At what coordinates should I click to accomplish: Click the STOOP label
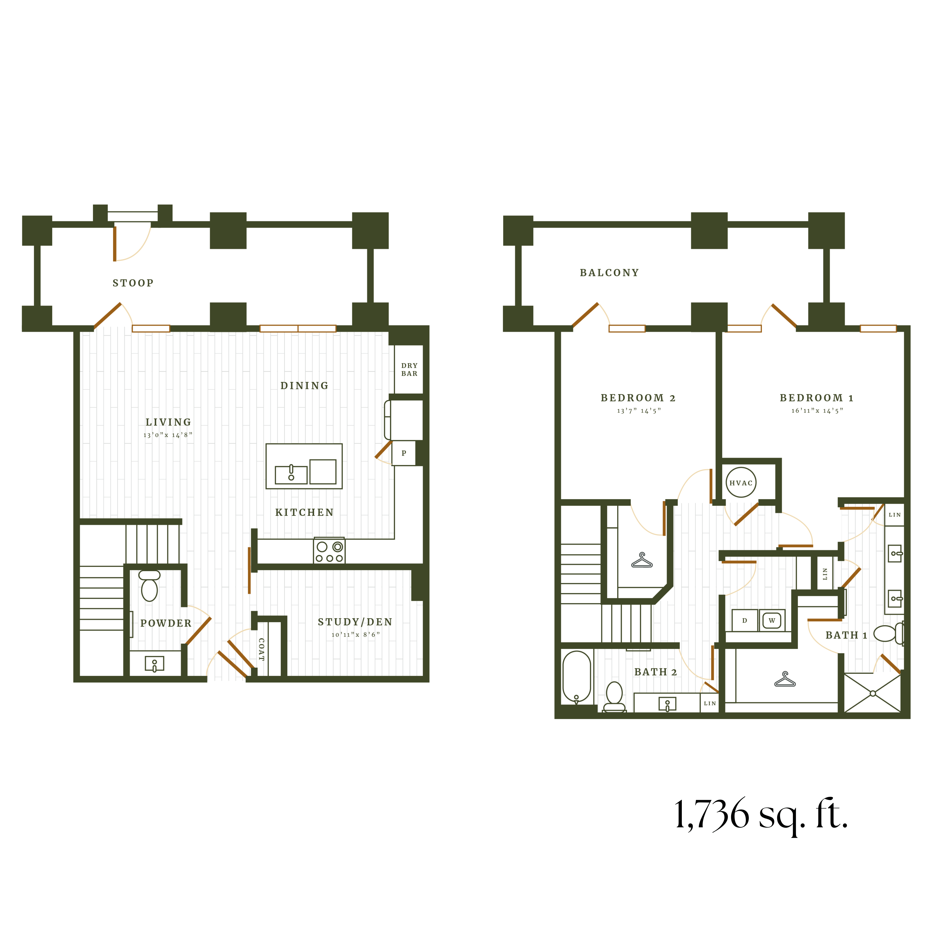coord(133,283)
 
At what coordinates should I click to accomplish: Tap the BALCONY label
coord(609,273)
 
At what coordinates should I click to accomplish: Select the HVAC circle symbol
coord(741,483)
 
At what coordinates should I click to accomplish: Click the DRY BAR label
coord(409,369)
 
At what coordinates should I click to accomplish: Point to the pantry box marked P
coord(404,453)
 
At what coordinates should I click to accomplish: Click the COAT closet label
coord(261,649)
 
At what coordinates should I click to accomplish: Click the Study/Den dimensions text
coord(355,635)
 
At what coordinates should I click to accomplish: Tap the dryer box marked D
coord(745,621)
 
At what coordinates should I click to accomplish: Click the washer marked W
coord(772,621)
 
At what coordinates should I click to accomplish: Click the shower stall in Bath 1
coord(873,693)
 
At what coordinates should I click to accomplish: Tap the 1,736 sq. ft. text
coord(761,815)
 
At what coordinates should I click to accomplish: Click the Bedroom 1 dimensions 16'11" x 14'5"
coord(817,411)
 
